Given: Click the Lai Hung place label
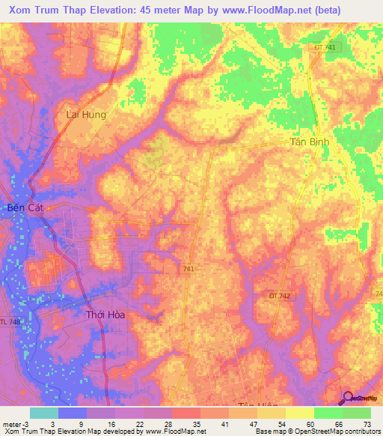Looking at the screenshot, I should [x=87, y=115].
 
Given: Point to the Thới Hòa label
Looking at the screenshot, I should [x=105, y=315].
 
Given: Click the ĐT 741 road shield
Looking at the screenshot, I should [x=323, y=47].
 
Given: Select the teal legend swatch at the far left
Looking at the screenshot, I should [x=44, y=413].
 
